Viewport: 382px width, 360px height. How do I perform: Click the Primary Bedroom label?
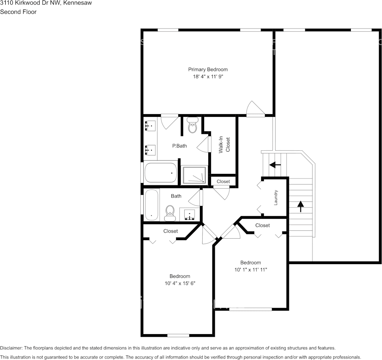click(x=208, y=69)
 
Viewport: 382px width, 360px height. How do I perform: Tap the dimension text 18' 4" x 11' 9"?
click(x=208, y=76)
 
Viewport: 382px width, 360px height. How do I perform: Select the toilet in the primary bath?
click(x=193, y=125)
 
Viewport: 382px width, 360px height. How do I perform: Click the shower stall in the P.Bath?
click(x=194, y=175)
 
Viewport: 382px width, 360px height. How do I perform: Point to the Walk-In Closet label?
click(x=224, y=145)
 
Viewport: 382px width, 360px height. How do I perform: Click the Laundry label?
click(x=276, y=198)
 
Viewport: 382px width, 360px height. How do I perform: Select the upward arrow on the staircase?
click(x=301, y=206)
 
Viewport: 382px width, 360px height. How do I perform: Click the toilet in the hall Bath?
click(x=170, y=213)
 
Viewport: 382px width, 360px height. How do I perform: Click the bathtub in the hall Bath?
click(x=151, y=205)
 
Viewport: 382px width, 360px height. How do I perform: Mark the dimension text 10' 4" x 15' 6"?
click(x=180, y=284)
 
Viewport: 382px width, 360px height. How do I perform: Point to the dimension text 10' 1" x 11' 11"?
click(x=250, y=270)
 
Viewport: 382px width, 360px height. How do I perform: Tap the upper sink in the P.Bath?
click(x=151, y=125)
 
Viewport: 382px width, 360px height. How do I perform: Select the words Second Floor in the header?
click(x=18, y=12)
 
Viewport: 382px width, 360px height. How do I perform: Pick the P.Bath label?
click(x=179, y=146)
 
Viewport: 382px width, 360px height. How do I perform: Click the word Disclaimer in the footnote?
click(x=11, y=348)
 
